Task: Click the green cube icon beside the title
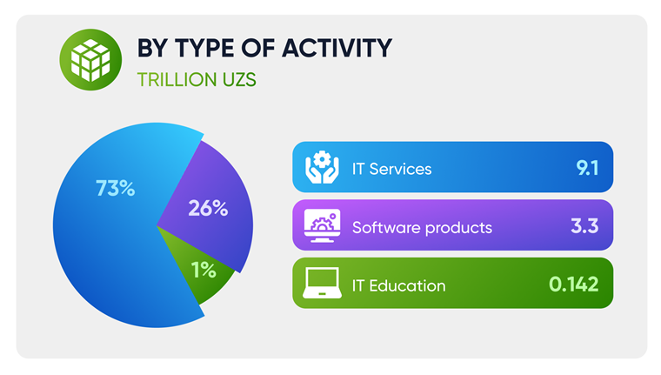tap(90, 59)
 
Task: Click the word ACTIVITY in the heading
tap(337, 48)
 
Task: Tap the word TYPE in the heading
tap(205, 48)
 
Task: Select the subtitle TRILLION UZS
tap(197, 80)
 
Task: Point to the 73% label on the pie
tap(115, 188)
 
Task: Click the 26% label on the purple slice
tap(208, 208)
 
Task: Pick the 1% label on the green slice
tap(204, 270)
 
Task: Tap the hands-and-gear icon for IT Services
tap(322, 167)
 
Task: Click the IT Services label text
tap(391, 169)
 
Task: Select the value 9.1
tap(587, 168)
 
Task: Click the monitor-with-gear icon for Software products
tap(323, 225)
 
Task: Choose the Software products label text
tap(422, 228)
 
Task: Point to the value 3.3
tap(584, 226)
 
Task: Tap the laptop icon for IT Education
tap(322, 283)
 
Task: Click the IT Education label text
tap(398, 286)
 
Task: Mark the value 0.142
tap(574, 285)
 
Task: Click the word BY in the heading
tap(152, 48)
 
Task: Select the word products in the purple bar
tap(458, 228)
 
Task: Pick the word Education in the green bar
tap(407, 286)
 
